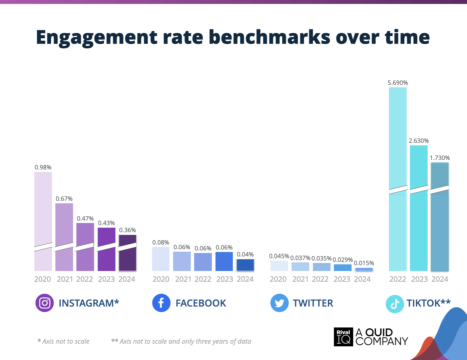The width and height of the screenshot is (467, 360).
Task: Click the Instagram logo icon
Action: click(x=45, y=303)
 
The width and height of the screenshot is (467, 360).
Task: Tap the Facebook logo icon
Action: click(x=161, y=303)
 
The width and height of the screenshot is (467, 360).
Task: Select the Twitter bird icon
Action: click(x=279, y=303)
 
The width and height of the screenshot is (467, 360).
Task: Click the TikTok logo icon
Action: click(x=395, y=304)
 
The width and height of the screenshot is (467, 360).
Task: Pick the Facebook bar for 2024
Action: click(x=245, y=265)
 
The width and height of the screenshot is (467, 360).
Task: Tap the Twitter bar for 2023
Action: click(x=343, y=268)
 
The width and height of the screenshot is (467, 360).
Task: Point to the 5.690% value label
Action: click(x=398, y=83)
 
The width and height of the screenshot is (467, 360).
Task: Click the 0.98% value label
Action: click(x=43, y=167)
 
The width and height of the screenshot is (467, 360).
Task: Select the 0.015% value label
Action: click(x=364, y=263)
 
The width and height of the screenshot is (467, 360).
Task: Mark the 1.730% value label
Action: click(x=440, y=158)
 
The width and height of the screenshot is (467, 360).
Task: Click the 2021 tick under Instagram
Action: click(x=65, y=279)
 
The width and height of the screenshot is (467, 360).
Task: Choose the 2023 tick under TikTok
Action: click(x=419, y=279)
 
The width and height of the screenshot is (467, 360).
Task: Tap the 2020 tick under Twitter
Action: click(x=278, y=279)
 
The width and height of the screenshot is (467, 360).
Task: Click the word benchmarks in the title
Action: click(x=269, y=37)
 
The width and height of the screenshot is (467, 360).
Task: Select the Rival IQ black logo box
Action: click(x=343, y=337)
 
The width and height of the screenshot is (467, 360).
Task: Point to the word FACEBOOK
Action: click(x=201, y=303)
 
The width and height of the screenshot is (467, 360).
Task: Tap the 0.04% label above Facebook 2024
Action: click(x=245, y=254)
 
